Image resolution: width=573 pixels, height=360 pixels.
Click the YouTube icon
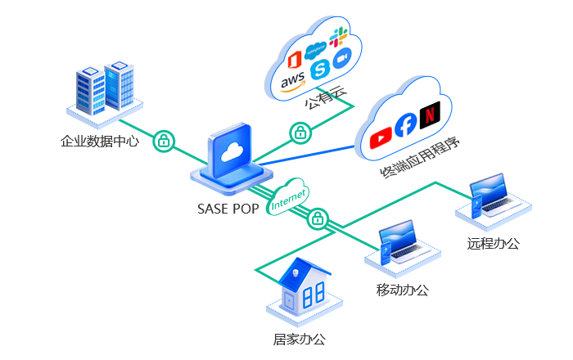tap(381, 138)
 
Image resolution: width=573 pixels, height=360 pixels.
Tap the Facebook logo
tap(405, 125)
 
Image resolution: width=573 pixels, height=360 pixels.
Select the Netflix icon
tap(429, 115)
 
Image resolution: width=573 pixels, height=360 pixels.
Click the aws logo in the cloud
tap(292, 82)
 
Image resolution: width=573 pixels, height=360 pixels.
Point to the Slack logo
tap(338, 38)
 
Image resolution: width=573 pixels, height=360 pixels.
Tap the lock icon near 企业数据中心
tap(164, 140)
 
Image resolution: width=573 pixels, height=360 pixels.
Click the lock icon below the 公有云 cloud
tap(300, 132)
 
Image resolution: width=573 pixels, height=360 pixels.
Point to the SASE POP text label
tap(228, 209)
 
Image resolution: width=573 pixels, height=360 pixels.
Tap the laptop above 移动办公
tap(400, 245)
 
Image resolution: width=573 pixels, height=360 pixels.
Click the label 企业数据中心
tap(100, 141)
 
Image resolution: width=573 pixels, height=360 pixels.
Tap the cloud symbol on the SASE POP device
tap(234, 150)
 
